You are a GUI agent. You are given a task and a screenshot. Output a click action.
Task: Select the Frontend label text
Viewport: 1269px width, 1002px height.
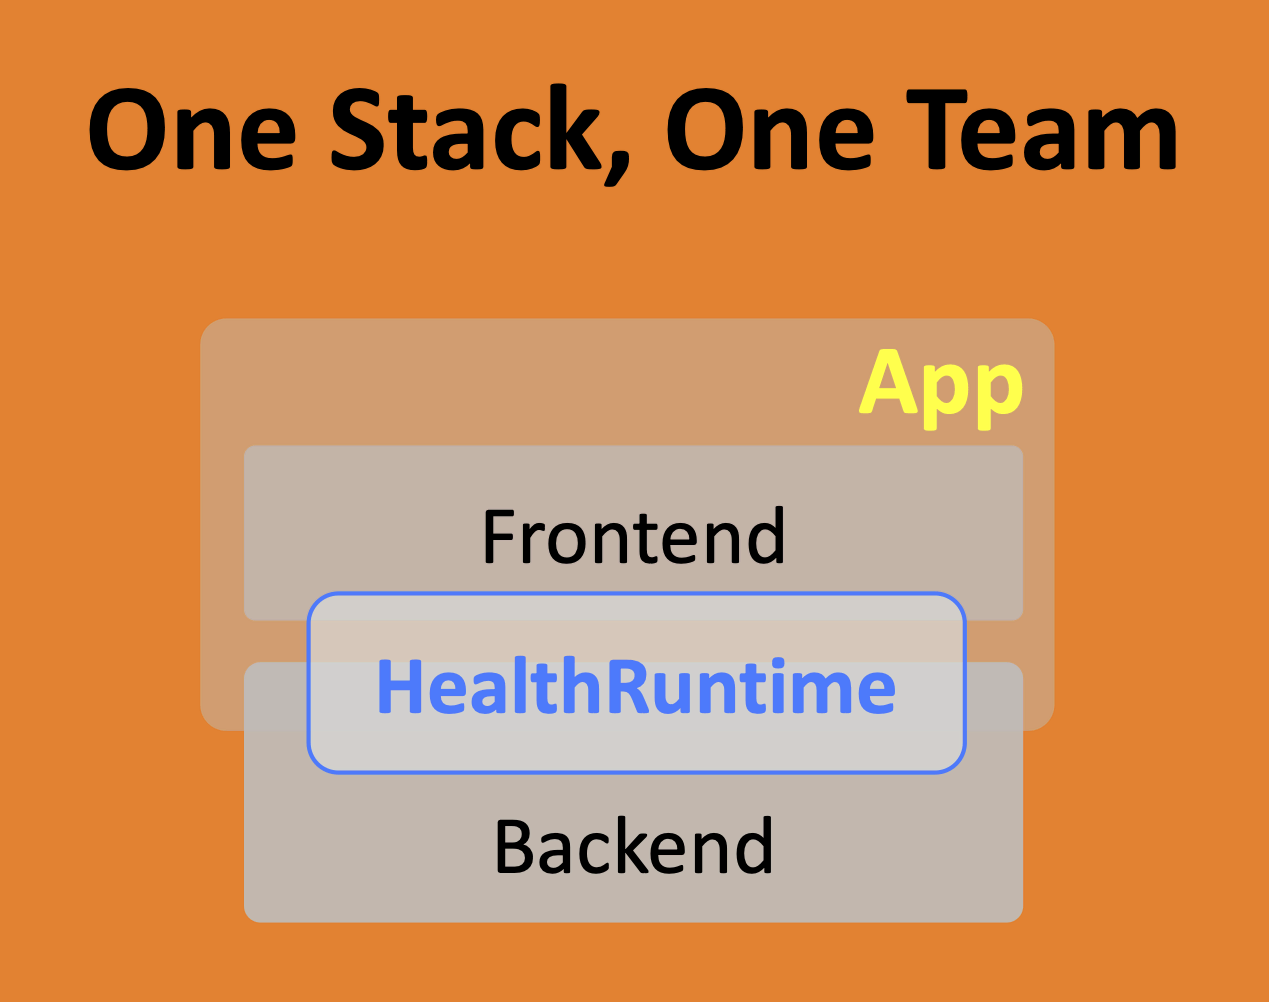[x=633, y=537]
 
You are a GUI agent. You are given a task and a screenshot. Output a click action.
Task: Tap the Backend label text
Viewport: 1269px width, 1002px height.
[x=633, y=846]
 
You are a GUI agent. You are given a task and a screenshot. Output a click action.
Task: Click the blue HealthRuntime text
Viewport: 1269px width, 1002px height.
[x=636, y=687]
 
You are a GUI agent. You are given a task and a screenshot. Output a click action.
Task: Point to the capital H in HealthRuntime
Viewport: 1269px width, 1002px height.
[x=397, y=687]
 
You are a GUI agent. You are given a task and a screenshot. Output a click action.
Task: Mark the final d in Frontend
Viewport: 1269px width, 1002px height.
[x=766, y=537]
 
